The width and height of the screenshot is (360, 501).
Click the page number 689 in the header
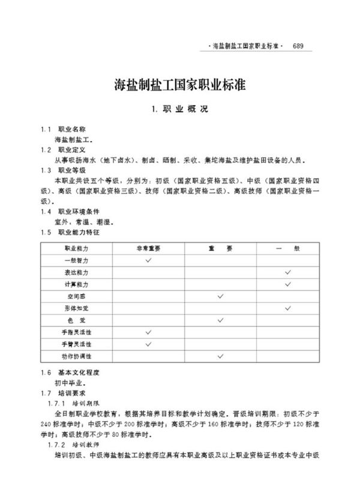click(299, 46)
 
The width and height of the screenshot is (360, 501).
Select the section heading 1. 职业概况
click(180, 110)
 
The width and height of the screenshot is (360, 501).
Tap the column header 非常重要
click(148, 248)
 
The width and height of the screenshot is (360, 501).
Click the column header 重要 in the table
click(220, 248)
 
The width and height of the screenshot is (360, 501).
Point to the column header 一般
click(288, 248)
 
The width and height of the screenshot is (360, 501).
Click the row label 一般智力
click(76, 260)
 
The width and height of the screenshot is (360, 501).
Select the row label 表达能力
click(76, 272)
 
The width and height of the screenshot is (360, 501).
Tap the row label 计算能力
click(76, 284)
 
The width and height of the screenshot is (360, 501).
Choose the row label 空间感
click(76, 296)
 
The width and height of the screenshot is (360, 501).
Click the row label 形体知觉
click(76, 308)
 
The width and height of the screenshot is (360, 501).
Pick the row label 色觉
click(76, 320)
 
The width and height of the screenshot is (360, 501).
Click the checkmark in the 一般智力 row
click(148, 260)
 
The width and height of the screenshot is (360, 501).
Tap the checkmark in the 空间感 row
click(220, 296)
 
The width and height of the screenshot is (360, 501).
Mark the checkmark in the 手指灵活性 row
click(148, 332)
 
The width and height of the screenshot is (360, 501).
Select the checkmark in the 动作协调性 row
click(220, 356)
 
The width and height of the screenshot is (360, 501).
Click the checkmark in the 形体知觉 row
click(288, 308)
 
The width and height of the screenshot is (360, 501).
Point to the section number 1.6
click(46, 373)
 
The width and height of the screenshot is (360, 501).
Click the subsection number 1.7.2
click(58, 445)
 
